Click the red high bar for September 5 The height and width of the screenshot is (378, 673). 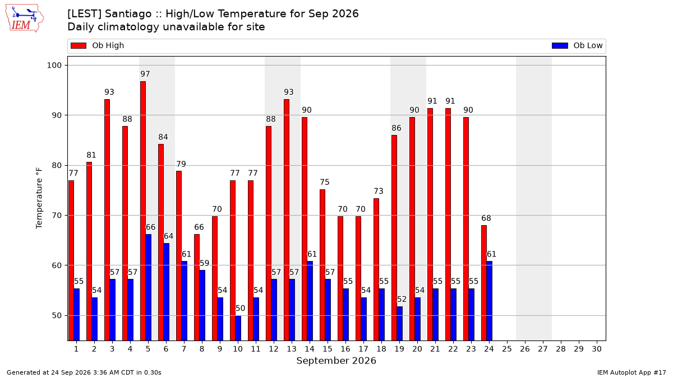pos(143,211)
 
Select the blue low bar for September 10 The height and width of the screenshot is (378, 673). pos(238,328)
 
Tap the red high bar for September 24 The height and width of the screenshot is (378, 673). pos(484,283)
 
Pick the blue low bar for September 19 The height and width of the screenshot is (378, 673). pos(399,324)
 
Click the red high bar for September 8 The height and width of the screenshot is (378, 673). pos(197,288)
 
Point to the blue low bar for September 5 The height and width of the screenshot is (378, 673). pos(149,288)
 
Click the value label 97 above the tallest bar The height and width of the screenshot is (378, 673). pos(145,74)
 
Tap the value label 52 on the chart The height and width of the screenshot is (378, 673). pos(402,299)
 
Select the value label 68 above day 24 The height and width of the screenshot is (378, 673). pos(486,218)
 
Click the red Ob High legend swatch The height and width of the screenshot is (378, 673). pos(79,45)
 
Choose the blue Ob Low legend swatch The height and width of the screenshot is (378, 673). pos(560,45)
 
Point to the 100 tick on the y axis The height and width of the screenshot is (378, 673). pos(54,65)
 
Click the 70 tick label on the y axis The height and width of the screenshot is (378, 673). pos(57,216)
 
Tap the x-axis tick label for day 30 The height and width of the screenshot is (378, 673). pos(597,349)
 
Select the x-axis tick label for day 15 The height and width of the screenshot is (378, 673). pos(328,349)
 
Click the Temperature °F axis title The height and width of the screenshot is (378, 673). pos(39,198)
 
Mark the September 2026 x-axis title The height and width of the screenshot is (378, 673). pos(336,361)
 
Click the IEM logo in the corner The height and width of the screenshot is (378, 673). pos(25,18)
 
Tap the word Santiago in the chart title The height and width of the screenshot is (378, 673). pos(128,14)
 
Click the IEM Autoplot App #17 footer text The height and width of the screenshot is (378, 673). pos(631,372)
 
